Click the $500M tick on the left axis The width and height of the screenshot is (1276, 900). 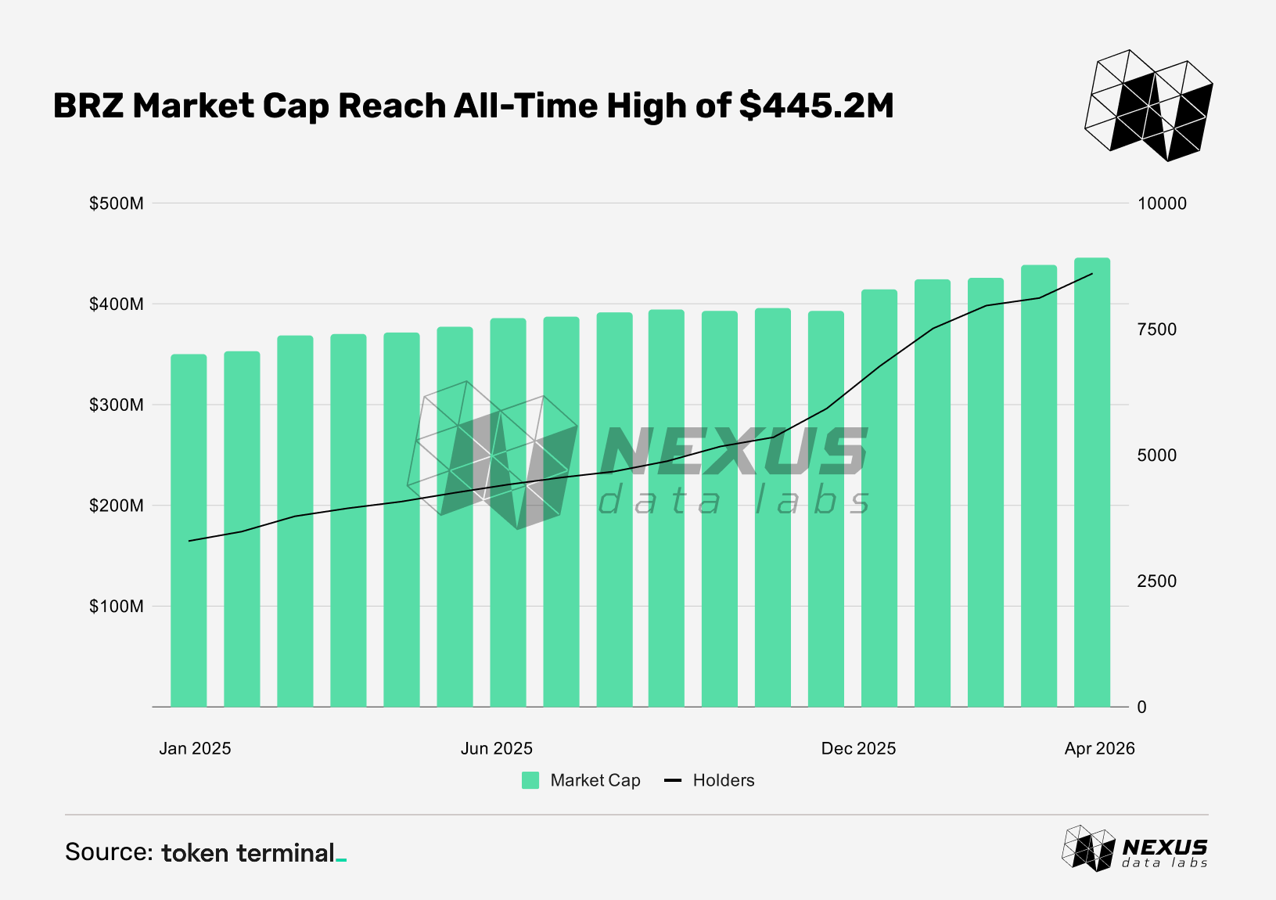[x=117, y=203]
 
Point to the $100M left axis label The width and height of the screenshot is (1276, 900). [x=117, y=606]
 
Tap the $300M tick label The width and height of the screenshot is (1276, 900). [x=117, y=405]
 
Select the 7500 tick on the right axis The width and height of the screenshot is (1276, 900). [x=1157, y=329]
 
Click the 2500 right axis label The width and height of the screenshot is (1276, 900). [x=1157, y=581]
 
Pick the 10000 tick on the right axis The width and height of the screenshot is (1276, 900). [x=1162, y=203]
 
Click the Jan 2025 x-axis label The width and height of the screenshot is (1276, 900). [x=195, y=748]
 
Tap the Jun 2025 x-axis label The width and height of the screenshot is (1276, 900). [x=497, y=748]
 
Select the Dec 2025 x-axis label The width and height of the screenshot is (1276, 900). [x=858, y=748]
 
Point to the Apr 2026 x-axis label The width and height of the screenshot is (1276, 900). [x=1099, y=748]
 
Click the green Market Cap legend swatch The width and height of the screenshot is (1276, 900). [x=530, y=780]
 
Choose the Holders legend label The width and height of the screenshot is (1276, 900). [x=724, y=780]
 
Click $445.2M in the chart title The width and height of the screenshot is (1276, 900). [x=816, y=106]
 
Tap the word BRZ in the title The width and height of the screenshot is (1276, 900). [x=88, y=106]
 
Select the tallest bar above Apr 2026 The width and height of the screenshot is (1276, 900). [x=1092, y=482]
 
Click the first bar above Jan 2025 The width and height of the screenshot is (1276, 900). [x=189, y=531]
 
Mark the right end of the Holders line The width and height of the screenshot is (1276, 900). [x=1092, y=274]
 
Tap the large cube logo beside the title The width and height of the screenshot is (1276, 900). [x=1148, y=106]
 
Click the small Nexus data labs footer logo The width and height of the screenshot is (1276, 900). [x=1134, y=848]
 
